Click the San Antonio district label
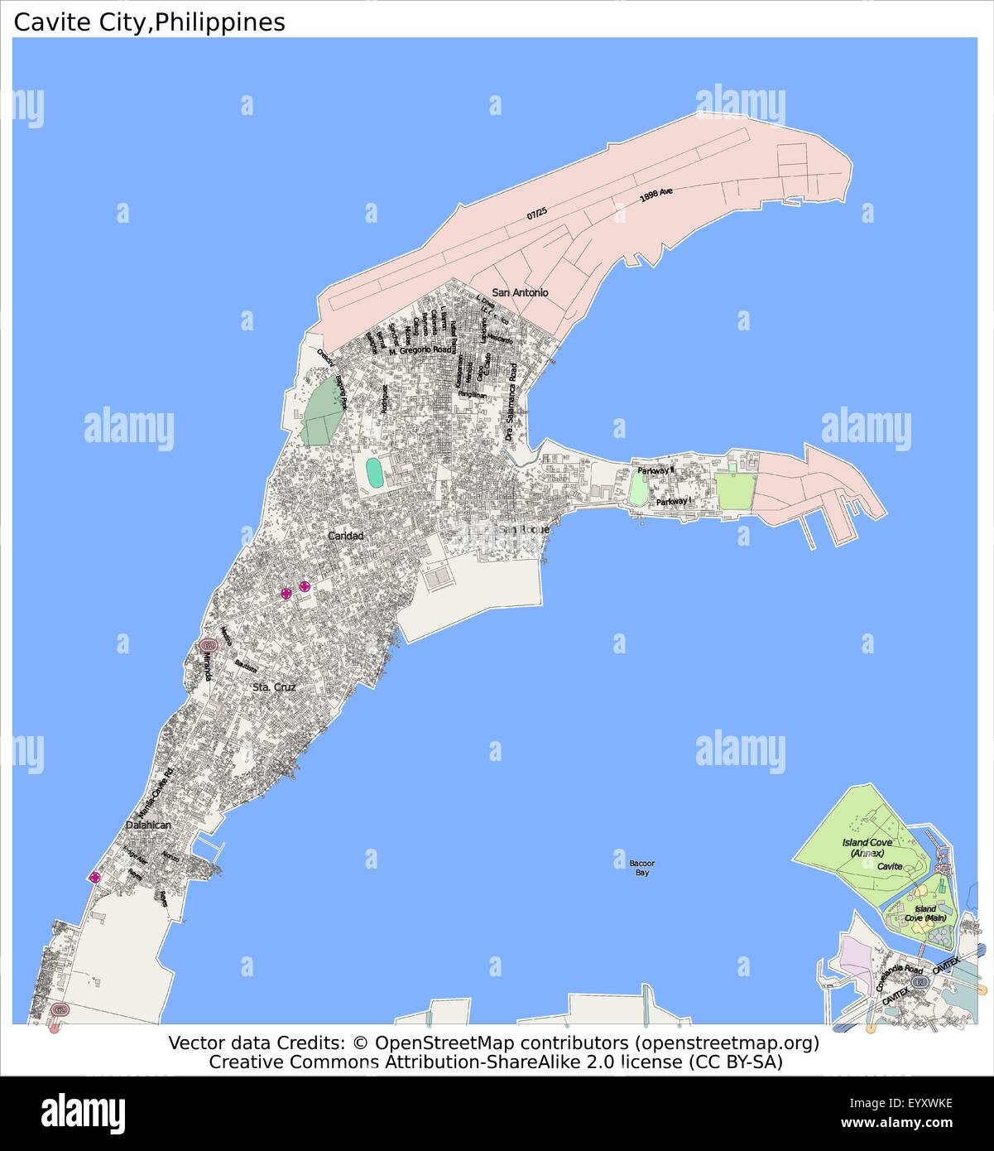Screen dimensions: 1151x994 [x=520, y=292]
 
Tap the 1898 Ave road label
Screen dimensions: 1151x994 [x=655, y=196]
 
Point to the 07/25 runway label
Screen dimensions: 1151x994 [x=536, y=213]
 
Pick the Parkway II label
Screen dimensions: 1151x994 [x=655, y=470]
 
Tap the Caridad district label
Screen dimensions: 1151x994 [x=345, y=536]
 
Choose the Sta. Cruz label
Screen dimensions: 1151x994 [x=273, y=686]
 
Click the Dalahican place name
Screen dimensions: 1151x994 [x=148, y=825]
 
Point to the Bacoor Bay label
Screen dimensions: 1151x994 [x=641, y=867]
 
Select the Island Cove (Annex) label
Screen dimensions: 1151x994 [x=867, y=847]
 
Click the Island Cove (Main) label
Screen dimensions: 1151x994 [x=924, y=913]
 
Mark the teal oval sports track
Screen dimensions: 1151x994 [x=374, y=473]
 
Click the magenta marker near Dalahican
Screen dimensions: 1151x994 [x=95, y=877]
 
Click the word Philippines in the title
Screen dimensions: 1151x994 [x=219, y=22]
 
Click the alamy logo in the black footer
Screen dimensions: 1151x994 [x=83, y=1111]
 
